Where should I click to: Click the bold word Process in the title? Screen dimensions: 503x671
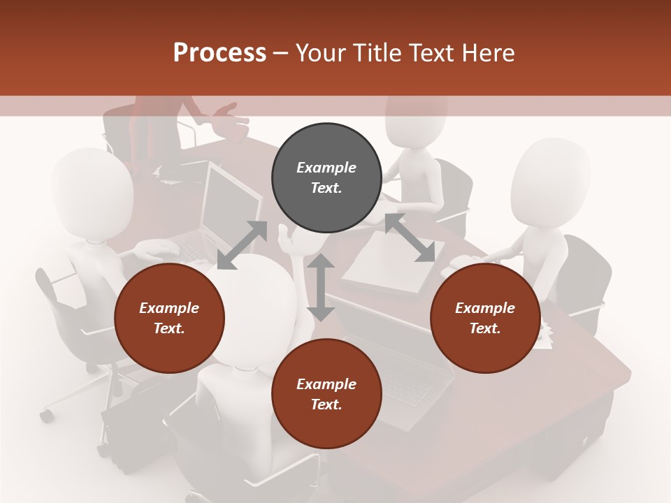[219, 52]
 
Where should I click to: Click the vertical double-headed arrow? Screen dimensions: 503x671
[321, 287]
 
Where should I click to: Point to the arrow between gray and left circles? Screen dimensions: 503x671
[242, 245]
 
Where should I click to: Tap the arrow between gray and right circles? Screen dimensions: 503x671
[410, 238]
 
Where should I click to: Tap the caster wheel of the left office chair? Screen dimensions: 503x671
[46, 416]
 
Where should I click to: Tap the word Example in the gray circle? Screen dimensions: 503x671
[326, 168]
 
